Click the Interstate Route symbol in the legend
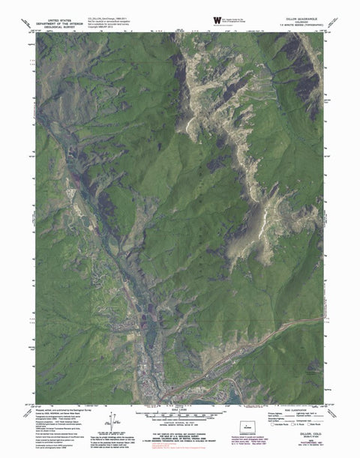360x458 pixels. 259,431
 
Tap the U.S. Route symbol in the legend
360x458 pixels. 278,431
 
